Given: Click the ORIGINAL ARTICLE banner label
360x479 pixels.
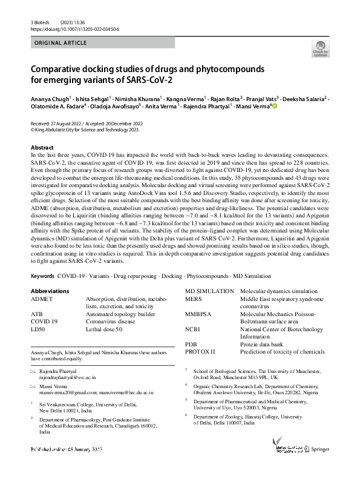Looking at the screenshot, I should click(x=59, y=43).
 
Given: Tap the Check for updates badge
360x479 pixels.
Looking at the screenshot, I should click(x=320, y=48).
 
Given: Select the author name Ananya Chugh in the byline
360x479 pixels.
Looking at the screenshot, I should click(x=51, y=97).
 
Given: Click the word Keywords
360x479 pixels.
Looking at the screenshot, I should click(x=42, y=276).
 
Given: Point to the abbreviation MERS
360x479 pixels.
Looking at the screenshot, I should click(x=194, y=299).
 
